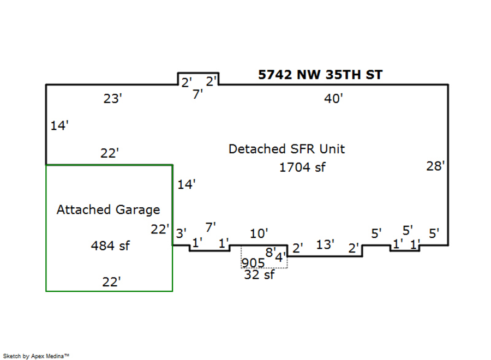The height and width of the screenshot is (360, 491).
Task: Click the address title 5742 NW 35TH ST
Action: click(x=320, y=75)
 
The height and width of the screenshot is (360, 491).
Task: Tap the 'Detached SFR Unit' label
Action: click(x=286, y=149)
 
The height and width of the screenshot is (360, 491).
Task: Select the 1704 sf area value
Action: click(x=302, y=167)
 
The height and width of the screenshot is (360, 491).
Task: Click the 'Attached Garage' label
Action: click(x=108, y=209)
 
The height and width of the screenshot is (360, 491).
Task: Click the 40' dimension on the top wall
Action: click(x=333, y=99)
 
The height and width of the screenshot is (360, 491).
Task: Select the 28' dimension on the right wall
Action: click(x=436, y=166)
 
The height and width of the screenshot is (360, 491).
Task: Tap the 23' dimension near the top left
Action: click(x=112, y=99)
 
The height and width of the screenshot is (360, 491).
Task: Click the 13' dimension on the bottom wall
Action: click(x=325, y=244)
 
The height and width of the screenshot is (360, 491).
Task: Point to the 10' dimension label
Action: click(x=259, y=233)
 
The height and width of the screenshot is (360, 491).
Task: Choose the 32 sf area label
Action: click(x=259, y=275)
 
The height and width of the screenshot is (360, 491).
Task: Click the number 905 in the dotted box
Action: click(x=253, y=262)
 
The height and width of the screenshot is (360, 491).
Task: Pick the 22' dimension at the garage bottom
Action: click(x=111, y=282)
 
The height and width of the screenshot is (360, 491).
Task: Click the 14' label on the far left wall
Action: click(x=59, y=126)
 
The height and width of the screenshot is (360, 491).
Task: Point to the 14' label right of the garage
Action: click(x=186, y=185)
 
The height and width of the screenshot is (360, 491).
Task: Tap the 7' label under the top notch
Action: click(x=198, y=93)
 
